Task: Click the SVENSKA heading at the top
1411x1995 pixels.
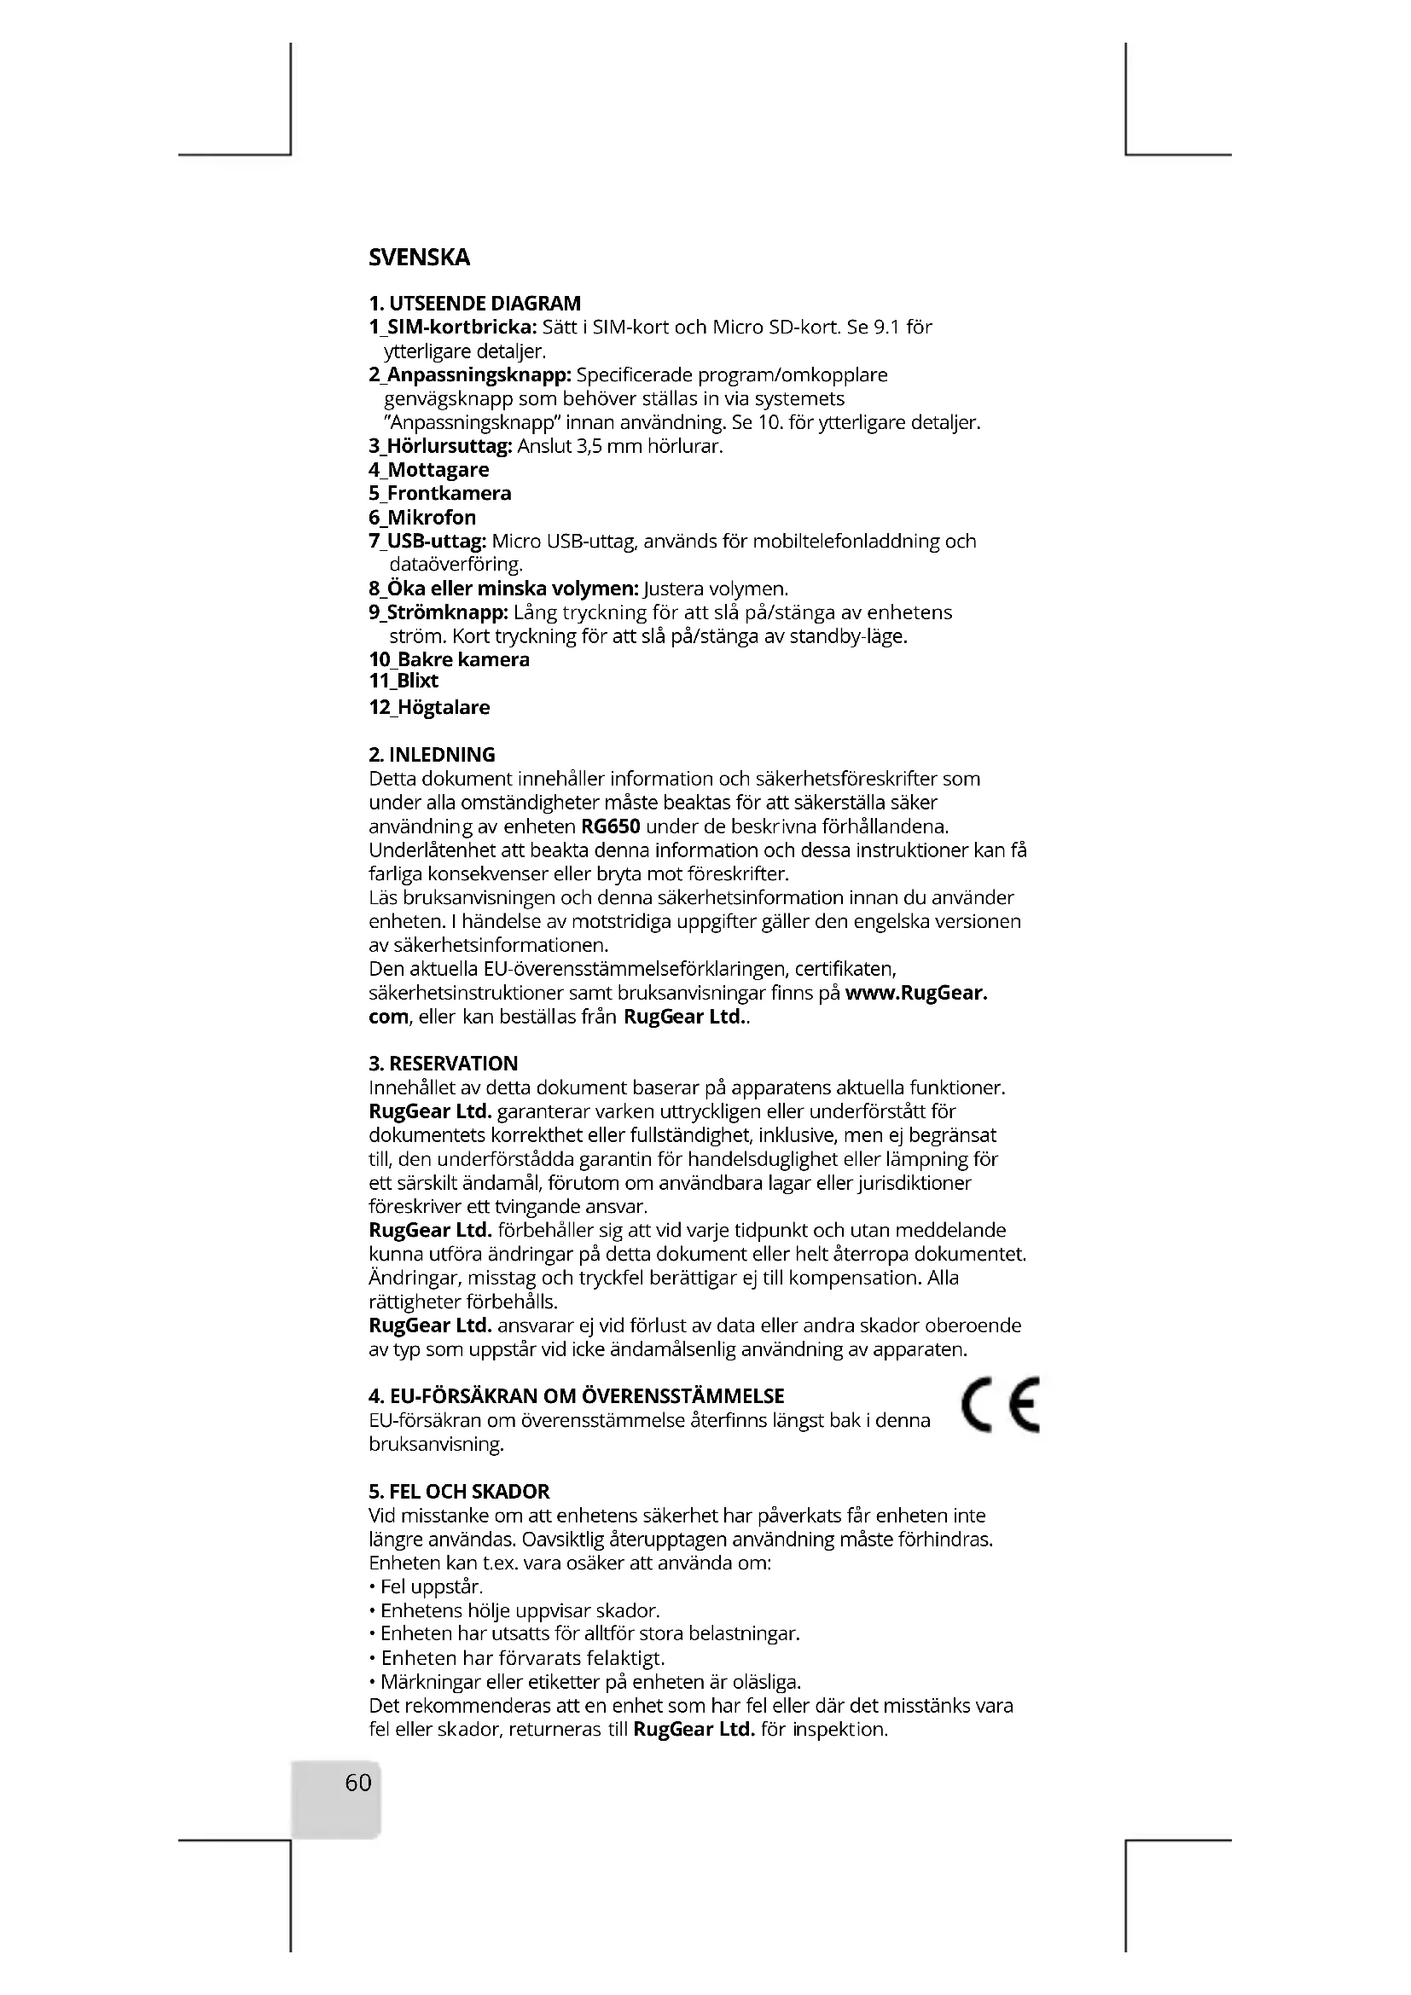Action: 419,258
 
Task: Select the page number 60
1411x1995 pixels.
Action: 358,1783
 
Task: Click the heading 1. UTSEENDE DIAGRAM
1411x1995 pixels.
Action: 474,304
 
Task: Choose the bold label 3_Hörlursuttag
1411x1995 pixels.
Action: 440,447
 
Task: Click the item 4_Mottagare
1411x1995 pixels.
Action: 428,470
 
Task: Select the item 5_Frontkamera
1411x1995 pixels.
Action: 439,494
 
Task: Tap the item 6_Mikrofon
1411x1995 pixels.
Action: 422,518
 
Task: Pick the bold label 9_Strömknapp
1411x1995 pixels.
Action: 438,612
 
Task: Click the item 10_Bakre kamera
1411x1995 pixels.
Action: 449,659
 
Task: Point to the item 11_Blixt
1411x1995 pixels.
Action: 404,681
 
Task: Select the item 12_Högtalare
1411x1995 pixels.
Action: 429,707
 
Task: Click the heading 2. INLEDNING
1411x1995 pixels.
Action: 432,754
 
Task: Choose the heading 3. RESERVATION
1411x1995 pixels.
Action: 443,1064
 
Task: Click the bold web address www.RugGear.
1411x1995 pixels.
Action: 915,993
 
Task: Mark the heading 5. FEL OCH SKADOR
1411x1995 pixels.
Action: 459,1492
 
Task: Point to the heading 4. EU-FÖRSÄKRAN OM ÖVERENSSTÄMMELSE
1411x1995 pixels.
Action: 576,1396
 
